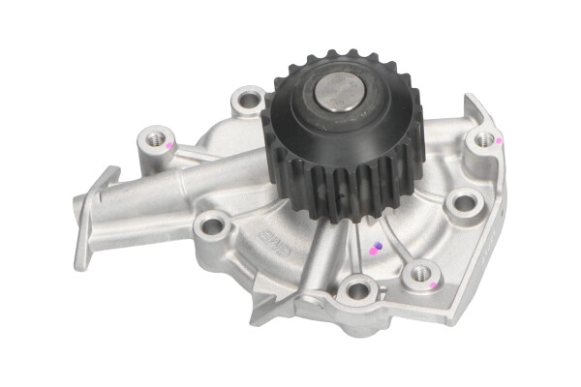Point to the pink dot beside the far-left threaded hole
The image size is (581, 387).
click(169, 145)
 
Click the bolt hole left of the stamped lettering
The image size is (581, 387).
click(210, 227)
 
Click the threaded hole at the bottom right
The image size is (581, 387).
click(421, 274)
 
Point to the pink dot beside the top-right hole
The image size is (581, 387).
click(499, 140)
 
